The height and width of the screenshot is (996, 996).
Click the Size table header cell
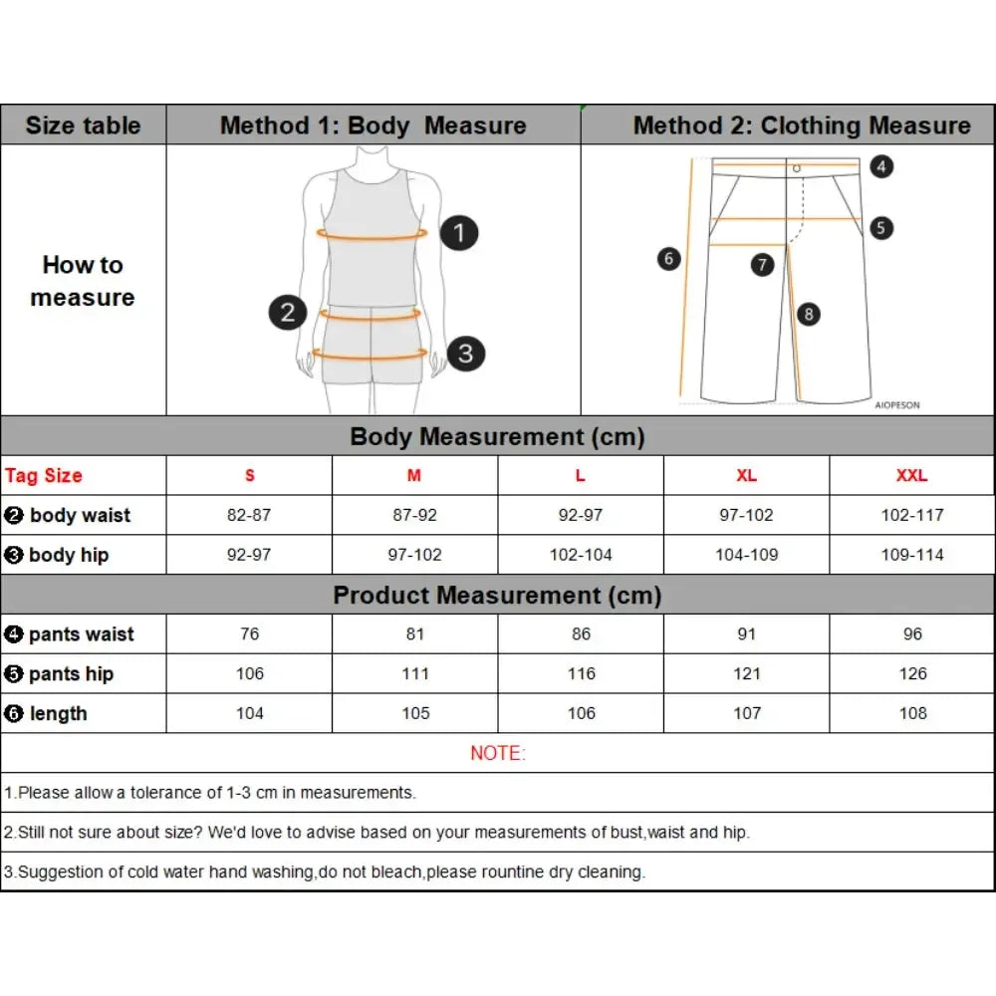[83, 125]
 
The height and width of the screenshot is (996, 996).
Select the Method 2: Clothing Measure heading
[802, 125]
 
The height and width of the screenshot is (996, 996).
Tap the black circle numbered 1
[458, 233]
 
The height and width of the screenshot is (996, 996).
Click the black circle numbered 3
[465, 353]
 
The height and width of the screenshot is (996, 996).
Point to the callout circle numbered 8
[808, 314]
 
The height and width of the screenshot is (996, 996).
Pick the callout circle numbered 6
[669, 259]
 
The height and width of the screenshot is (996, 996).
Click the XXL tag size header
[911, 475]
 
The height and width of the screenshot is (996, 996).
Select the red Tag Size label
[44, 475]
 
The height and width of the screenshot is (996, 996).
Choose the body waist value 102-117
[911, 515]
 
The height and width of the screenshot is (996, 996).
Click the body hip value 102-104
[581, 555]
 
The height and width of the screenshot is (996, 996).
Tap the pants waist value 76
[249, 634]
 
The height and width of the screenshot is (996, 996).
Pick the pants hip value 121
[746, 674]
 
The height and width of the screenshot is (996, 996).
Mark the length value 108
[912, 713]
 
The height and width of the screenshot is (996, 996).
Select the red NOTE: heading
[498, 753]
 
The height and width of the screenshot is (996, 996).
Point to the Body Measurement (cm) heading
[498, 436]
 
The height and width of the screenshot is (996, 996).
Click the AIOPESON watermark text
[896, 405]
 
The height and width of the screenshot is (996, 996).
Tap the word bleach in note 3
[401, 872]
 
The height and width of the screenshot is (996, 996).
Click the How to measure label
[83, 281]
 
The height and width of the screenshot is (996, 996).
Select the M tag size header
[414, 475]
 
